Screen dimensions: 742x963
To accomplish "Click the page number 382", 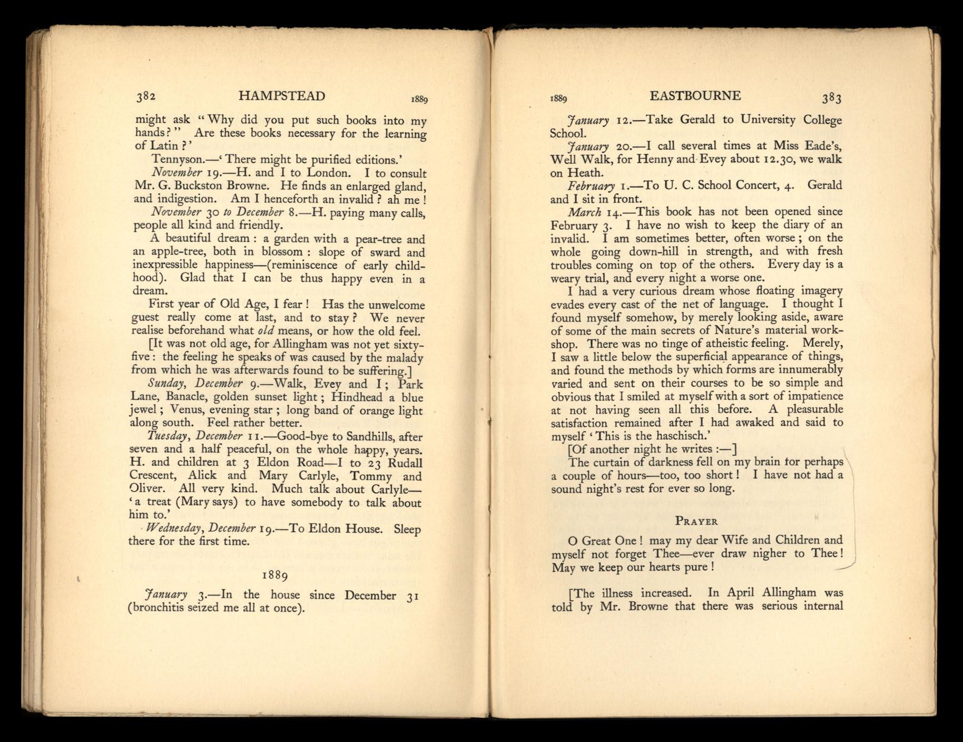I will pos(146,96).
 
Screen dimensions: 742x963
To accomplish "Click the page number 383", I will pos(832,97).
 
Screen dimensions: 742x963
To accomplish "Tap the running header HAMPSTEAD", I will pos(281,96).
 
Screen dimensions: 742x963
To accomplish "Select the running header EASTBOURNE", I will pos(695,96).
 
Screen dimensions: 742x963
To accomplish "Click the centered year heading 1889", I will pos(274,574).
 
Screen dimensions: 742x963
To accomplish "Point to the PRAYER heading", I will pos(696,521).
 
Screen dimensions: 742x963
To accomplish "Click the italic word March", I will pos(584,212).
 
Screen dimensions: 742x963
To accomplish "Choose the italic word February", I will pos(591,185).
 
